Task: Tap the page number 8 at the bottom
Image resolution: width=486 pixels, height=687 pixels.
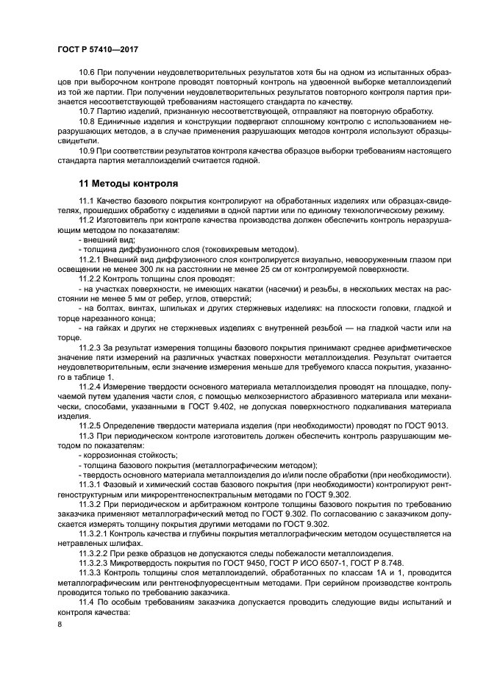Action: [x=59, y=625]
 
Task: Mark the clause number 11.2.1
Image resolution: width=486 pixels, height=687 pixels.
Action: [x=91, y=259]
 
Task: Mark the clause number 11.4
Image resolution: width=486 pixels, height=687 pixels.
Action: [x=87, y=601]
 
